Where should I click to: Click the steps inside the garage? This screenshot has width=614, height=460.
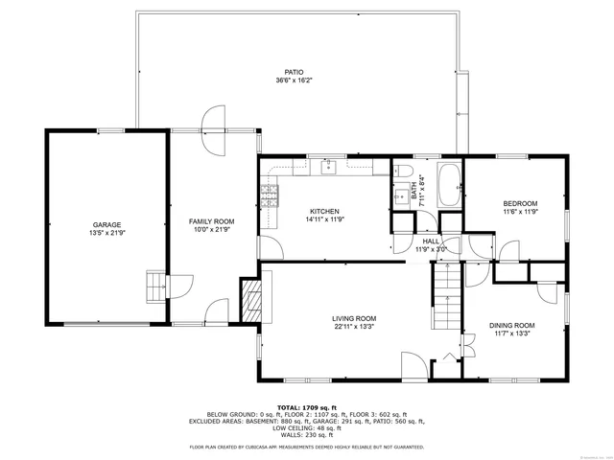(153, 286)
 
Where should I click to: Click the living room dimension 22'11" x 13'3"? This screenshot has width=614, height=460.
(354, 328)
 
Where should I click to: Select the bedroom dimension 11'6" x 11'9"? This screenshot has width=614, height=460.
(521, 212)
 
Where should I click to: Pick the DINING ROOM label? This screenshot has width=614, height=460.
(511, 325)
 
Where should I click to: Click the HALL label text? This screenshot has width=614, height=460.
(431, 241)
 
